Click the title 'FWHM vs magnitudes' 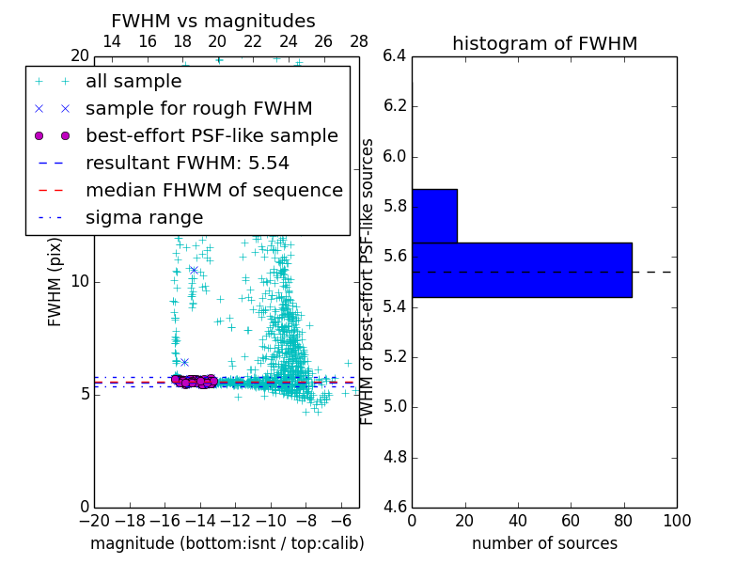[x=213, y=21]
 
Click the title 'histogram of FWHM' [x=544, y=43]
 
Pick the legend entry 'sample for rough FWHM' [x=198, y=109]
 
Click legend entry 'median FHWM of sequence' [x=213, y=190]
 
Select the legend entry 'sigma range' [x=144, y=217]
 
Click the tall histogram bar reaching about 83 [x=522, y=270]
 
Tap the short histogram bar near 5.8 [x=434, y=215]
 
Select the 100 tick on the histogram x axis [x=676, y=521]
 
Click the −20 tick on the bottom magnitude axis [x=94, y=521]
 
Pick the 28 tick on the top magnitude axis [x=359, y=41]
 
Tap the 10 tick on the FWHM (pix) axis [x=82, y=281]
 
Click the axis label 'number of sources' [x=544, y=543]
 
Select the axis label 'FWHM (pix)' [x=55, y=281]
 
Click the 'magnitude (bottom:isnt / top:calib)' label [x=227, y=543]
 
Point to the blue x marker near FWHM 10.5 [x=194, y=270]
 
